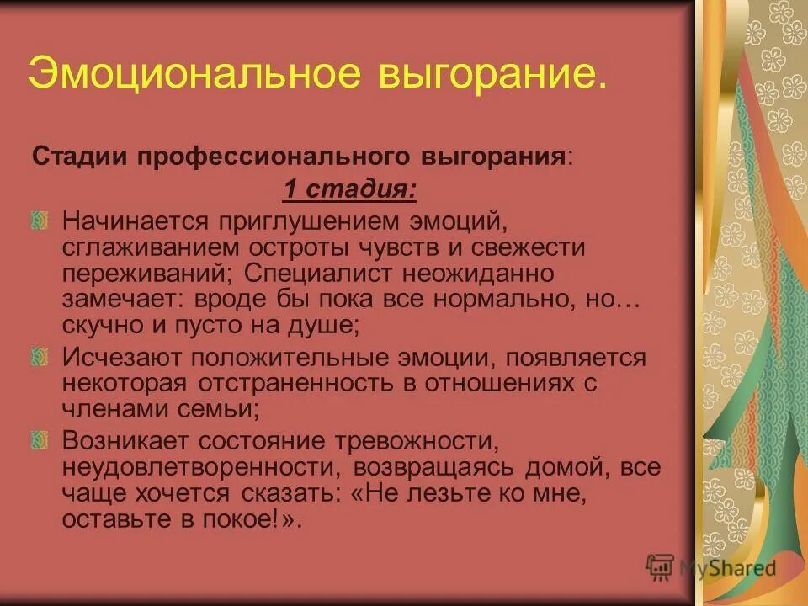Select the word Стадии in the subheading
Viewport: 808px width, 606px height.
[75, 157]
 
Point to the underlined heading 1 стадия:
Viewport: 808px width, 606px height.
[349, 190]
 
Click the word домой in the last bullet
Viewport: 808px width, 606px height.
[571, 465]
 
